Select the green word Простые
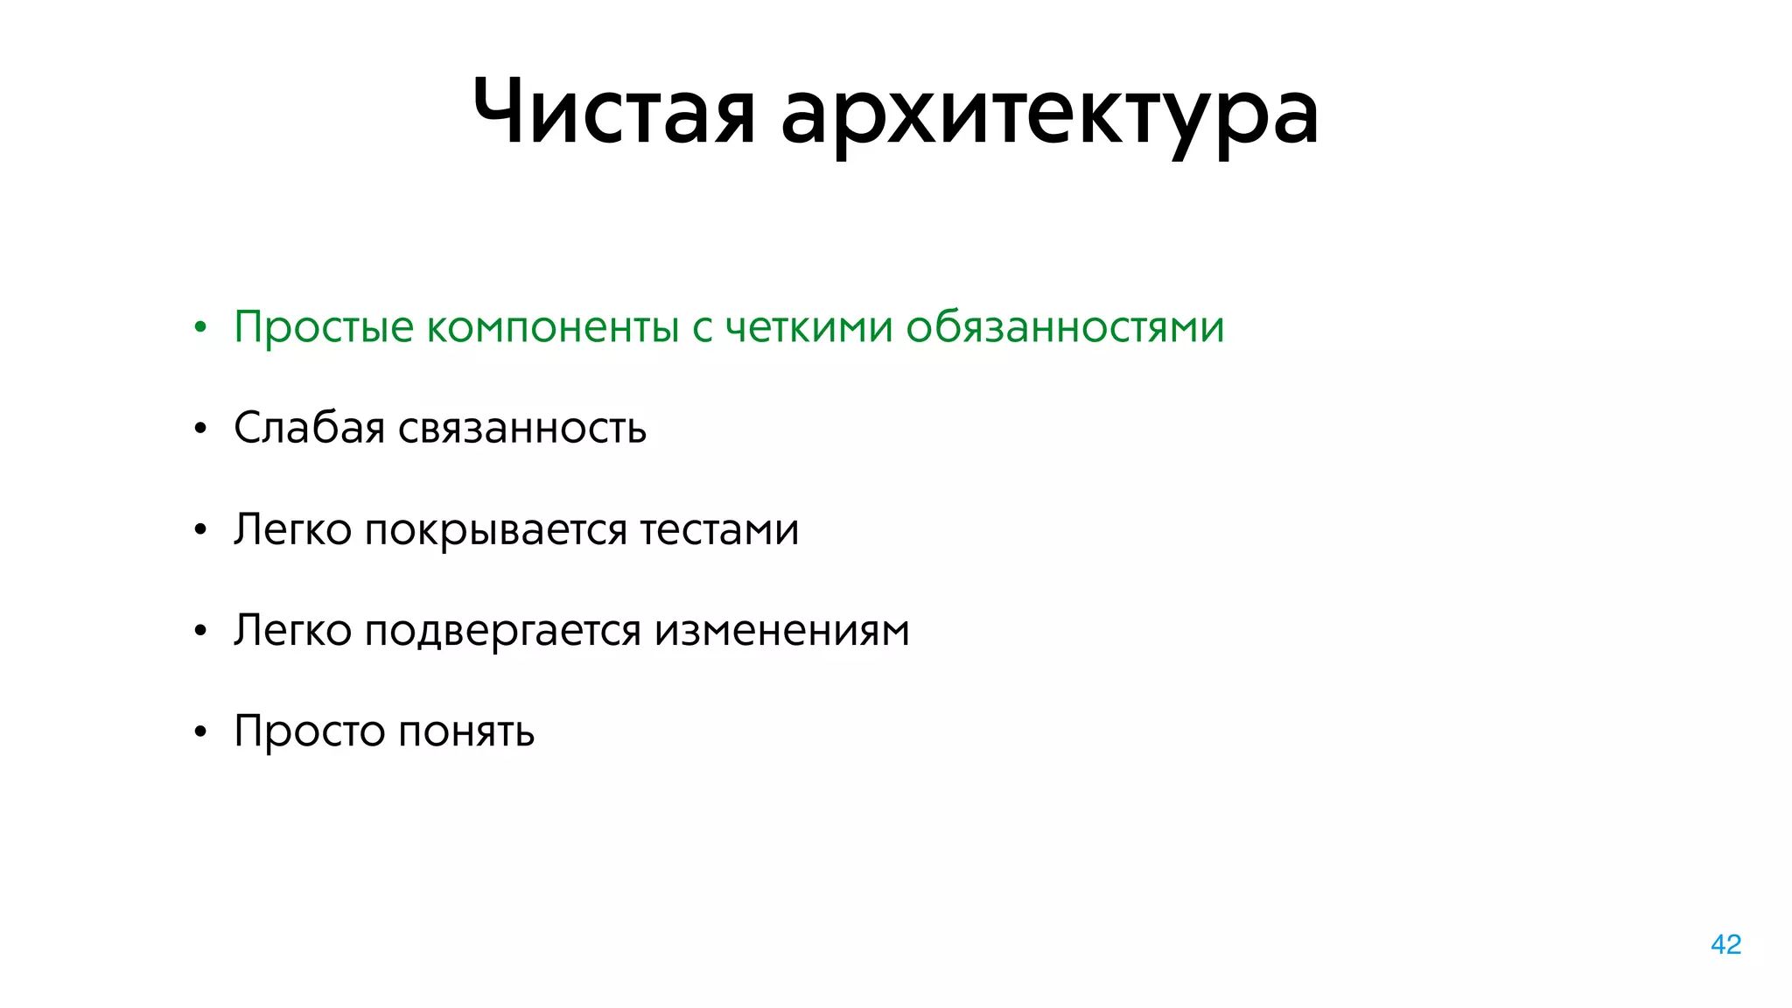(323, 327)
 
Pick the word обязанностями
(1064, 327)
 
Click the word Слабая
(309, 428)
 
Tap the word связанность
(522, 429)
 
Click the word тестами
(719, 529)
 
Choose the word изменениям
(781, 630)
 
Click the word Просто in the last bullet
(309, 731)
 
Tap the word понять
(466, 731)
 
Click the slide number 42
(1725, 944)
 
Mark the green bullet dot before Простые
(200, 328)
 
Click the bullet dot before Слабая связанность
(200, 429)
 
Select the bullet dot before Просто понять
(200, 731)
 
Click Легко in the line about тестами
(292, 529)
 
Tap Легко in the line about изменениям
(292, 630)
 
